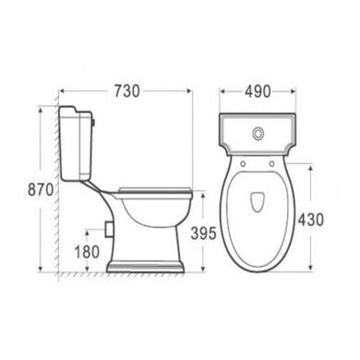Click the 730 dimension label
(x=127, y=91)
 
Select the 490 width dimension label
(x=258, y=91)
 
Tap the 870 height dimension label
(x=41, y=189)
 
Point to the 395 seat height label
(x=203, y=234)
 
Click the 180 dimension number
(x=88, y=252)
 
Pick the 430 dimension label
(x=311, y=220)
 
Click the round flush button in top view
(x=258, y=133)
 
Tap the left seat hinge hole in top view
(x=243, y=163)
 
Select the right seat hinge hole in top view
(x=271, y=163)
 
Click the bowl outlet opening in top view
(x=258, y=202)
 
